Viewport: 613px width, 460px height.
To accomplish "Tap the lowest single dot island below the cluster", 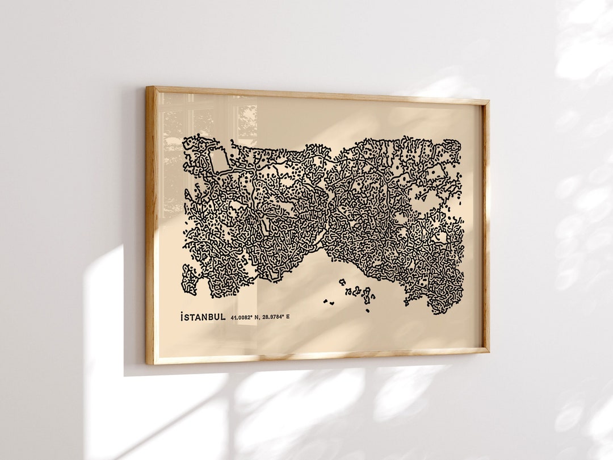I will (367, 310).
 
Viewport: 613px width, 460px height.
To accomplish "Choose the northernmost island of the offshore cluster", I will (343, 281).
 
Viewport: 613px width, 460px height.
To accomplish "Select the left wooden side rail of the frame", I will (150, 227).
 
